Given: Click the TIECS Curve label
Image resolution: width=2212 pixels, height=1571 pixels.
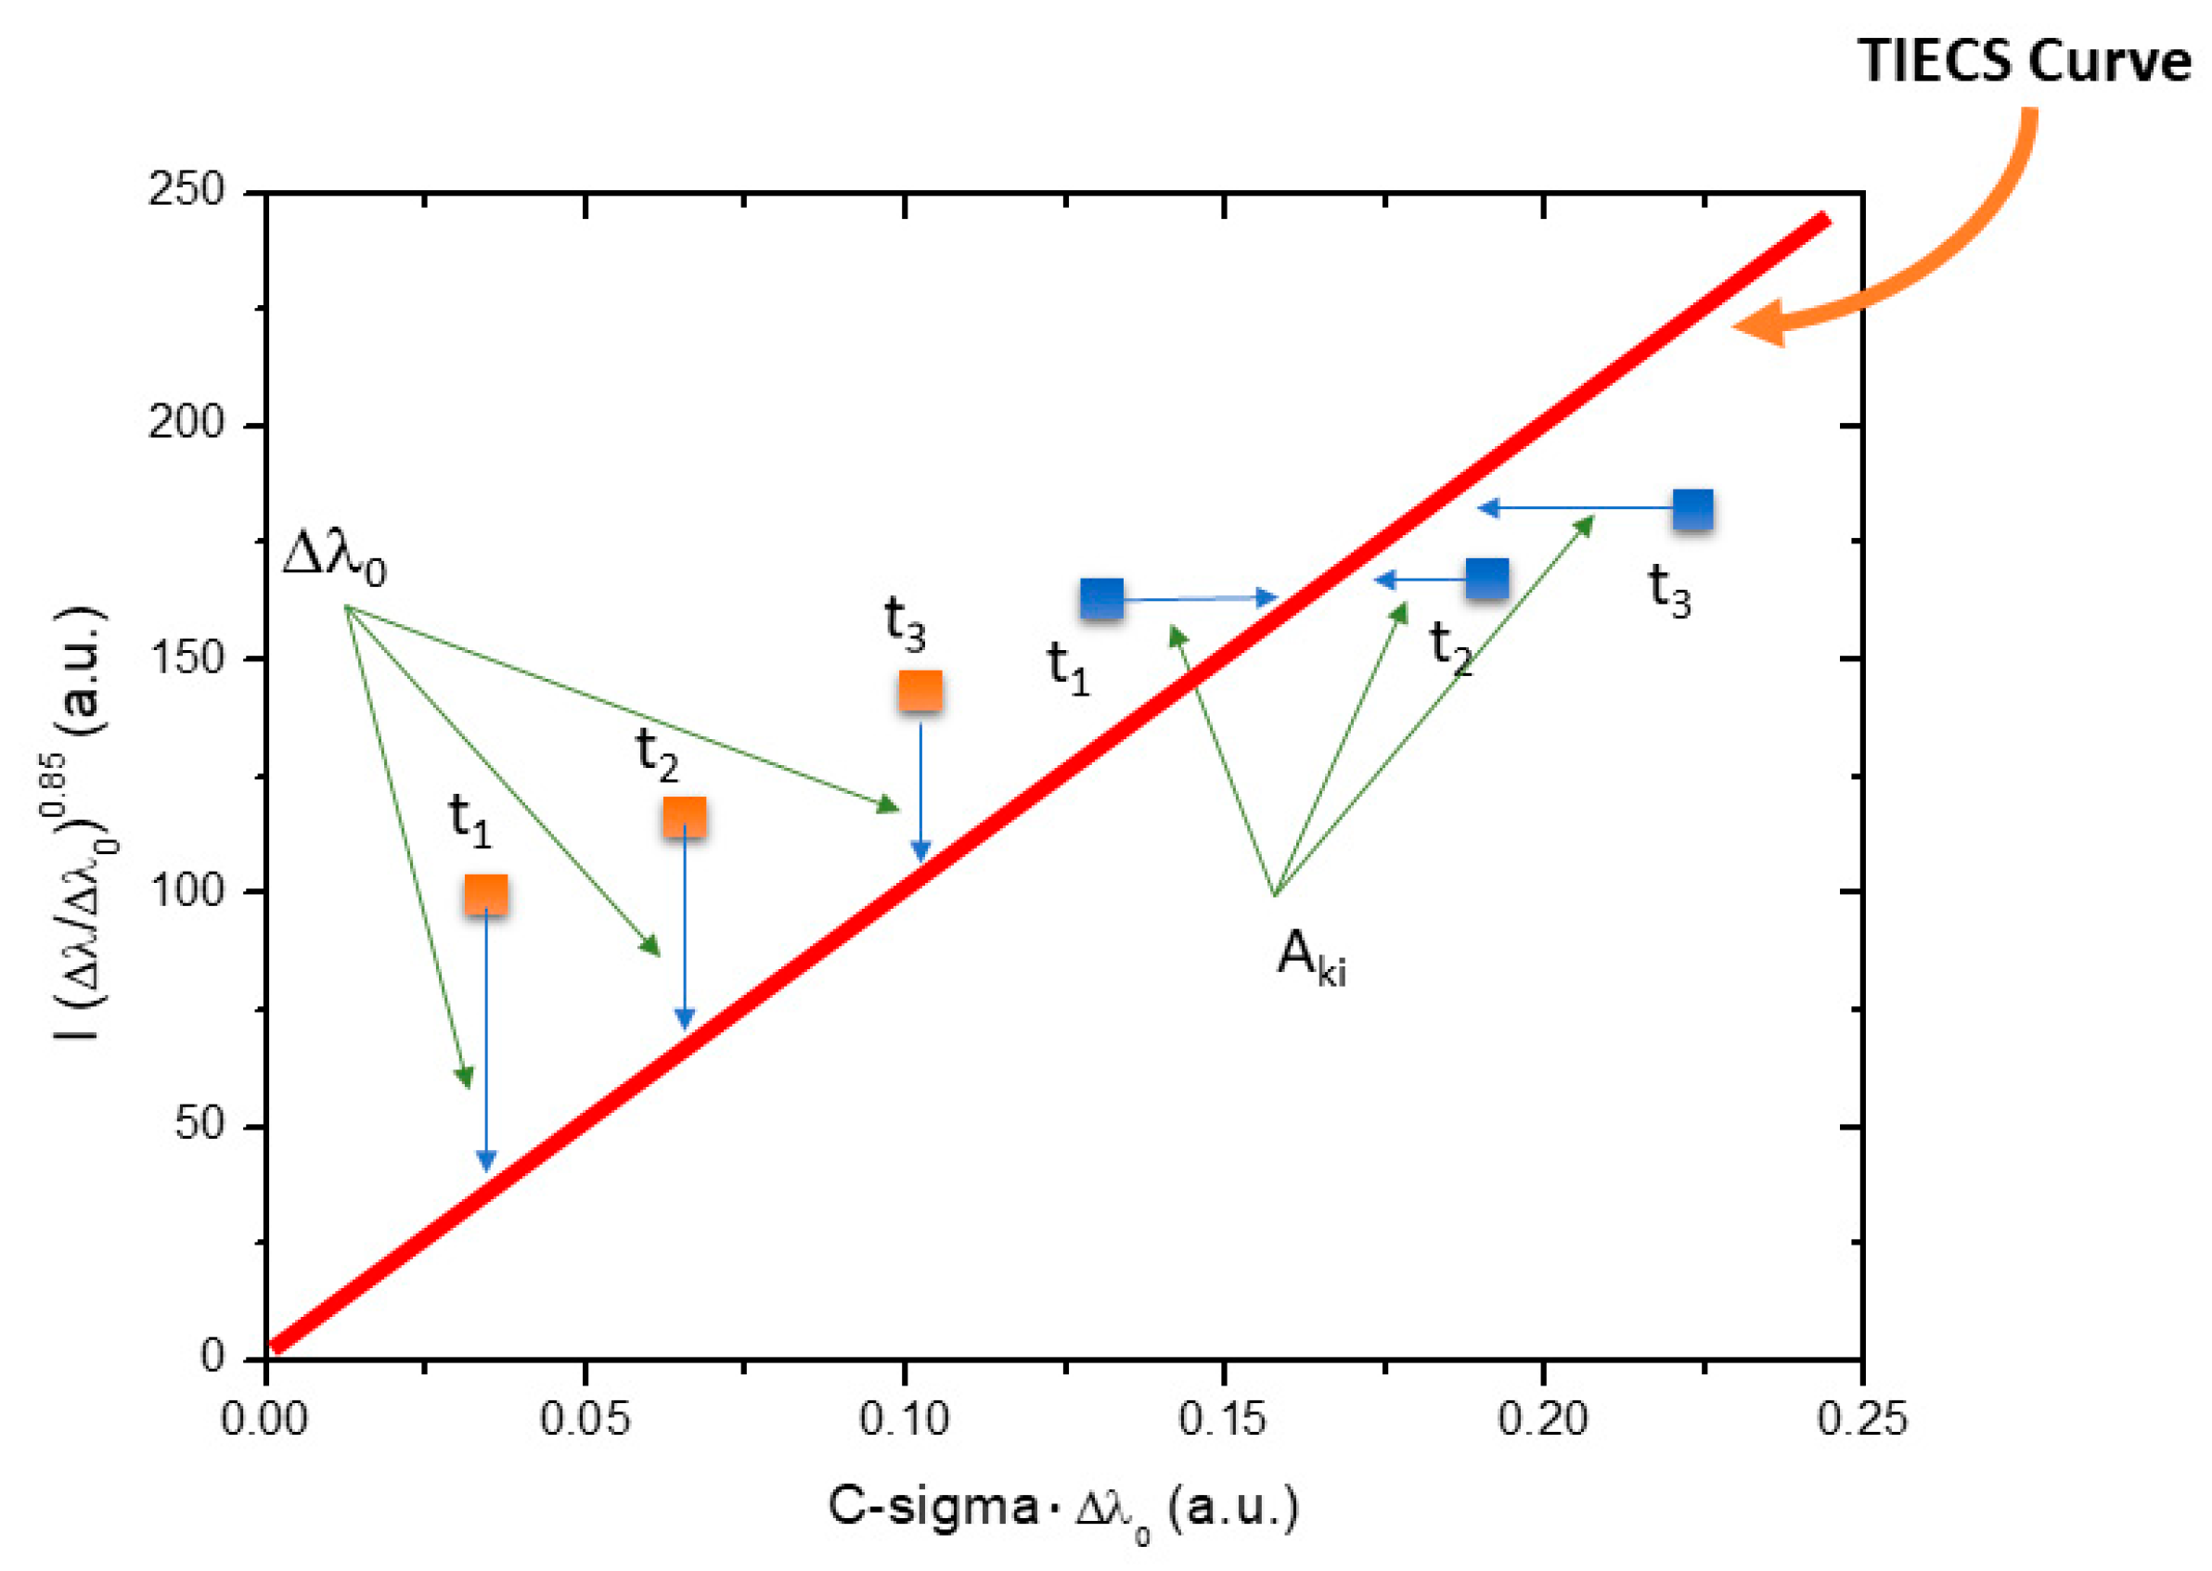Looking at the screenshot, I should click(x=2024, y=61).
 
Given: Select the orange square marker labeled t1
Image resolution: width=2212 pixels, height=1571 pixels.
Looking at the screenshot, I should click(x=486, y=895).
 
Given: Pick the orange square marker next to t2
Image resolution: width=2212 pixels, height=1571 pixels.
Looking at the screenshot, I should click(x=684, y=817).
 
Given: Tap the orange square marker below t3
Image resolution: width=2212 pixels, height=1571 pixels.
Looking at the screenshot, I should click(x=920, y=691).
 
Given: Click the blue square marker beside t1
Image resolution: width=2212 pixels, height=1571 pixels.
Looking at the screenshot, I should click(x=1101, y=599).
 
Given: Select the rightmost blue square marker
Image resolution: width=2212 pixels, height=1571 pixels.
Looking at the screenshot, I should click(x=1692, y=509).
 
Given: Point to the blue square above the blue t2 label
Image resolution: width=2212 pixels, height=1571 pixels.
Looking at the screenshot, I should click(x=1486, y=579).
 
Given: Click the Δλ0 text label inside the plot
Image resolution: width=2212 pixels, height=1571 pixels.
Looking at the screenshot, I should click(x=335, y=558).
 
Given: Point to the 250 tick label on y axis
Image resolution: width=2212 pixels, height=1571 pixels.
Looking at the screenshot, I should click(x=186, y=189).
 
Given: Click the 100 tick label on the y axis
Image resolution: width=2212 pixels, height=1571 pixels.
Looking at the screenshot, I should click(x=186, y=890).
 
